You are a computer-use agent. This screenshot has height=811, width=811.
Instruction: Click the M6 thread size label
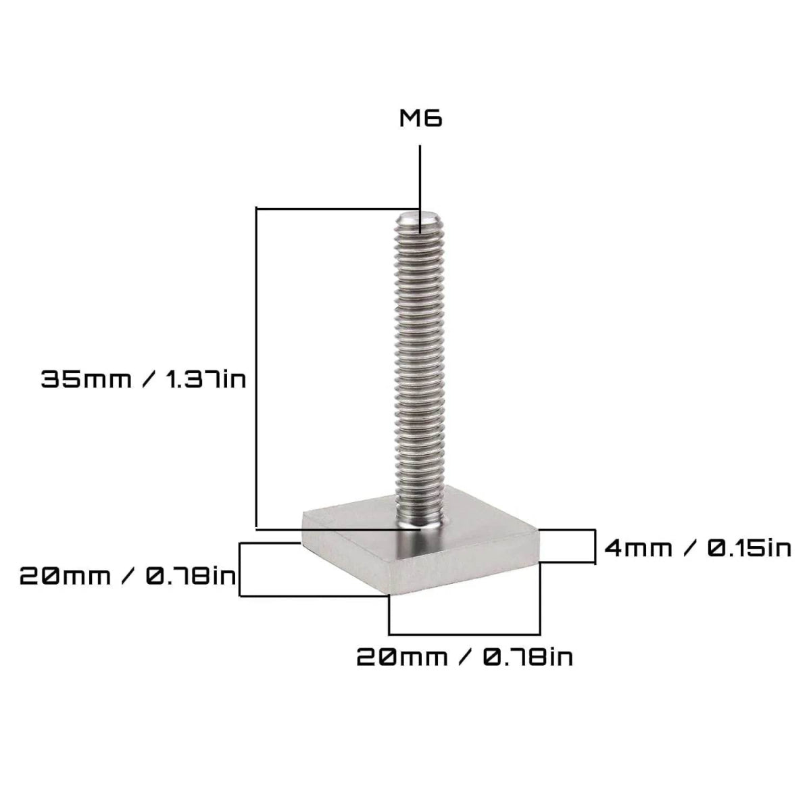coord(420,120)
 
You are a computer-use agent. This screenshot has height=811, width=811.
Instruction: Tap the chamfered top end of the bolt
coord(418,220)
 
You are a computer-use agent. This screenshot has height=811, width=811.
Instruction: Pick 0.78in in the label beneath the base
coord(528,656)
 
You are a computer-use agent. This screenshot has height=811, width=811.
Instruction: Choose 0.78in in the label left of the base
coord(191,576)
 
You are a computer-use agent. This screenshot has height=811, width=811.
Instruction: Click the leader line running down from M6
coord(420,176)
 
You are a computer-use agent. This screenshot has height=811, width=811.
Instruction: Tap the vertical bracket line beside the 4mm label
coord(595,546)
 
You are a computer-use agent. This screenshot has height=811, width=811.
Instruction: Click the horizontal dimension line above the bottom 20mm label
coord(465,634)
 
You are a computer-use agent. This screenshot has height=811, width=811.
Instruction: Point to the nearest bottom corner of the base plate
coord(389,595)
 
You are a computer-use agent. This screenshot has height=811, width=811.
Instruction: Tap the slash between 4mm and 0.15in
coord(690,547)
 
